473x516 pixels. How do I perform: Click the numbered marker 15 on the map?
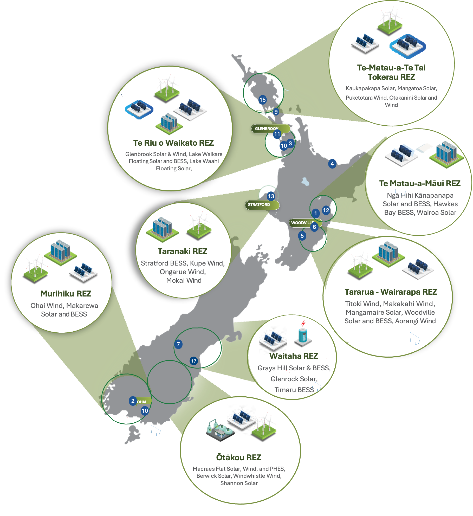tap(263, 100)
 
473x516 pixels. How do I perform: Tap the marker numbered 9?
tap(276, 112)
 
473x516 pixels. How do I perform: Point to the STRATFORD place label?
tap(259, 205)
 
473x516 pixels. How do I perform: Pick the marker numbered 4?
tap(332, 164)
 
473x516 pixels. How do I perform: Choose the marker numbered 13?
tap(271, 196)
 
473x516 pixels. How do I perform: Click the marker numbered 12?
tap(326, 210)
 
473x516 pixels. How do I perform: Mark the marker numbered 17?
tap(194, 361)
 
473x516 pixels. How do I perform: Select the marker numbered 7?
tap(178, 344)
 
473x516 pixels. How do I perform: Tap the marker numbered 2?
tap(133, 401)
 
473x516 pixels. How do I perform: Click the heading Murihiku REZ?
tap(66, 294)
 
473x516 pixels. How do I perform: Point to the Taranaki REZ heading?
tap(182, 251)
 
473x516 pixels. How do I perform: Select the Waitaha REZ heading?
tap(294, 356)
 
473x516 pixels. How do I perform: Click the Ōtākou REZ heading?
tap(238, 457)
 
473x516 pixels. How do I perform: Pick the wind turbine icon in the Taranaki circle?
tap(199, 226)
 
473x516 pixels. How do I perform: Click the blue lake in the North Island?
tap(305, 181)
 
